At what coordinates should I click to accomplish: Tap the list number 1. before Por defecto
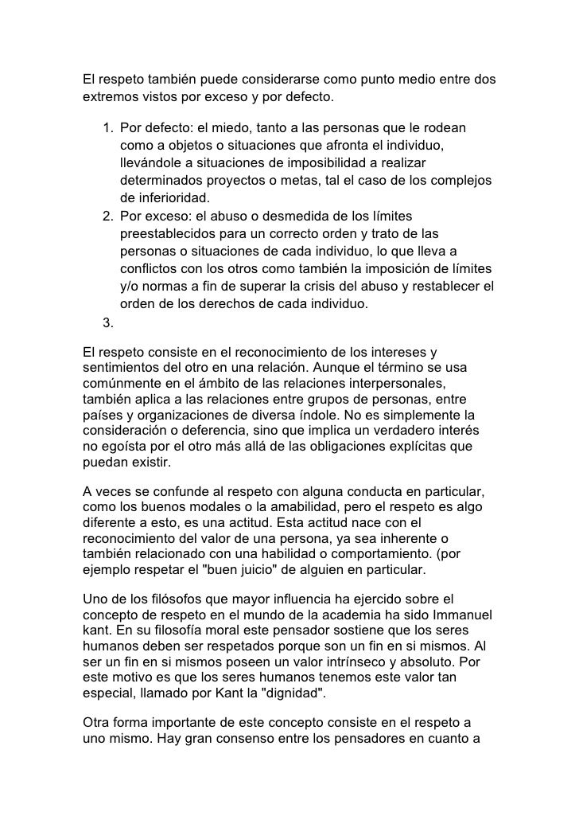107,128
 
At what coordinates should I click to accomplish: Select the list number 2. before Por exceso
107,216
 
